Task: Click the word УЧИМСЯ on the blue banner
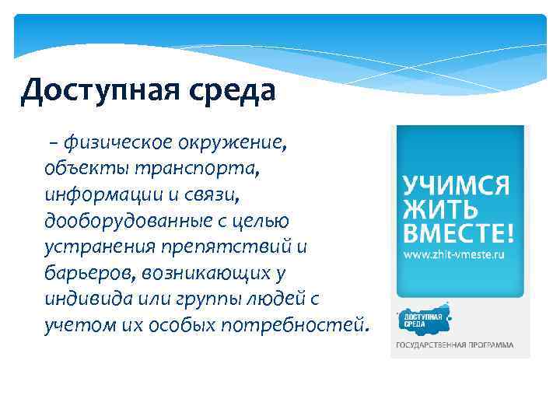coord(456,185)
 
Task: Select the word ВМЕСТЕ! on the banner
coord(458,233)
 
